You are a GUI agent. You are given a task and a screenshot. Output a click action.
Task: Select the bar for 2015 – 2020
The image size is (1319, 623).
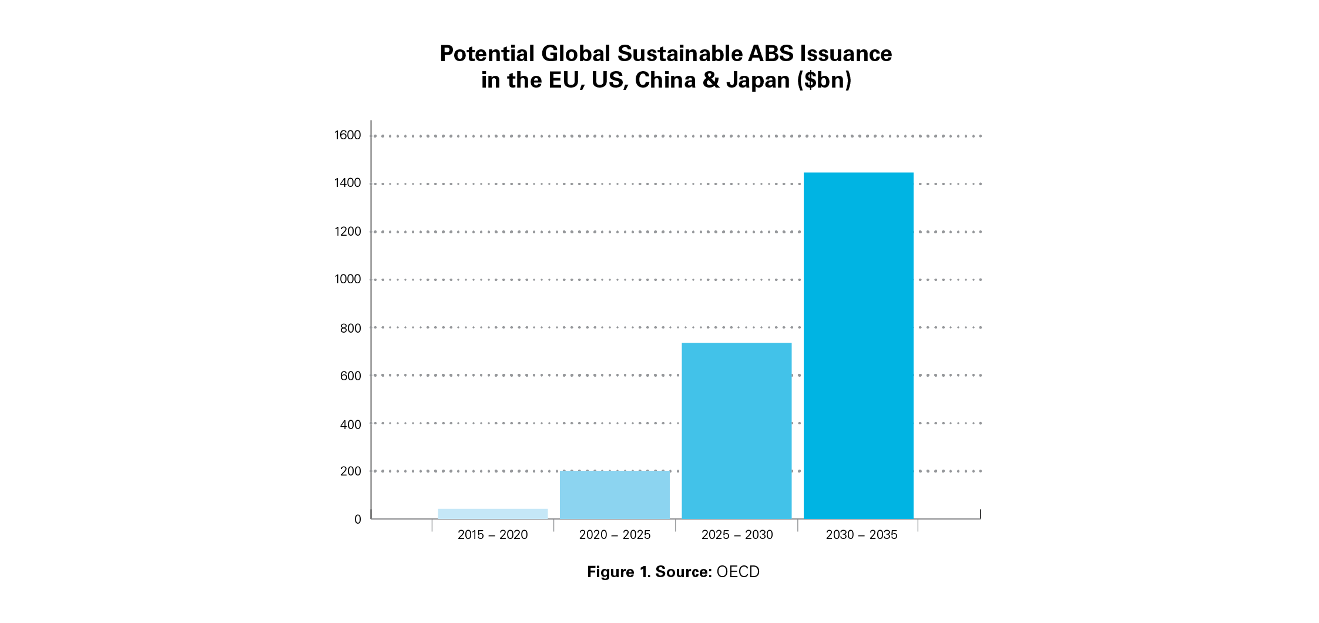coord(492,514)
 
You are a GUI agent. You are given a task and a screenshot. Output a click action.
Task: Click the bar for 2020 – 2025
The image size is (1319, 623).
coord(615,495)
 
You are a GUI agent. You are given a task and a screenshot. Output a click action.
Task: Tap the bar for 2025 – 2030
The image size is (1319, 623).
coord(736,431)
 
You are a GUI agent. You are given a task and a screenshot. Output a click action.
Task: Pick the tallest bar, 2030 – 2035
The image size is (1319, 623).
coord(858,346)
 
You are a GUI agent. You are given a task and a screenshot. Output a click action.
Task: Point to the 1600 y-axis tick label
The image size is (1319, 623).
coord(347,135)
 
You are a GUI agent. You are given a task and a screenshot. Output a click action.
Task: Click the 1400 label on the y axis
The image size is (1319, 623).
coord(347,183)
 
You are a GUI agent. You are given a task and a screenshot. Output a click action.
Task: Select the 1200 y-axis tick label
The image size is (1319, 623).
coord(347,232)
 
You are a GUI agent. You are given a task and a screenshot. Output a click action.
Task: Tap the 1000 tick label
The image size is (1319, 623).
coord(347,279)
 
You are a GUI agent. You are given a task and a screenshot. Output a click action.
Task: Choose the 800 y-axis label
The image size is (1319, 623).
coord(350,328)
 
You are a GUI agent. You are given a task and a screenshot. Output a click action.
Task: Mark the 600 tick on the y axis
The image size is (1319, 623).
coord(350,376)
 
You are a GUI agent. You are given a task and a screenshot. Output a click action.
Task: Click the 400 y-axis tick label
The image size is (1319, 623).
coord(350,424)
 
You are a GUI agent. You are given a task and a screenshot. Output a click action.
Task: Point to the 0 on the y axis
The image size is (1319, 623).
coord(357,520)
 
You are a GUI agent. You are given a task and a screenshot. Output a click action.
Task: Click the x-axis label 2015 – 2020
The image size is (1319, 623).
coord(492,535)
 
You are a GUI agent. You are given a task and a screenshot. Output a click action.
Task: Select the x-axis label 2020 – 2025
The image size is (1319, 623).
coord(615,535)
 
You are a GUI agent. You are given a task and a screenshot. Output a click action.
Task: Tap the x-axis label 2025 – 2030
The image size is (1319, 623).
coord(737,535)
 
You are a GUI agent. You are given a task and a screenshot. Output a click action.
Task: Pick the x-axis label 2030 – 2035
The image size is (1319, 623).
coord(861,535)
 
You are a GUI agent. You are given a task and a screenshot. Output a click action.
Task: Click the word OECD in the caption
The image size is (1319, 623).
coord(738,572)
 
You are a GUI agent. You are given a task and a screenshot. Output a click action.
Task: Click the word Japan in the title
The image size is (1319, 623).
coord(758,80)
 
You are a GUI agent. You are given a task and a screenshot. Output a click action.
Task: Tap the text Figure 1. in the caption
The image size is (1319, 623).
coord(619,572)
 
